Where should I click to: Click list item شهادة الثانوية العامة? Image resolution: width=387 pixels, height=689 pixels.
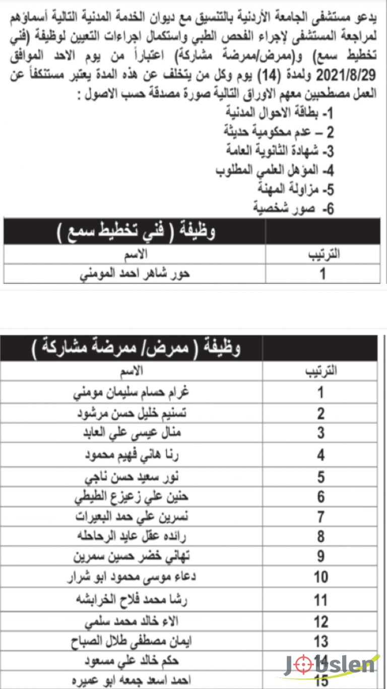279,151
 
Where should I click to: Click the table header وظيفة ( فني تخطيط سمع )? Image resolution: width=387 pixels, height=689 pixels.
136,232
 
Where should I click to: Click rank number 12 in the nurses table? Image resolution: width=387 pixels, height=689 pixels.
321,621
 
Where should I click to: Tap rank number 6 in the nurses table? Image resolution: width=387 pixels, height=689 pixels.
321,497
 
